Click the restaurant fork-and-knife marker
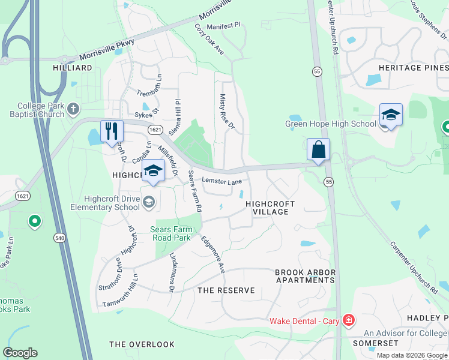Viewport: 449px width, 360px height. (x=112, y=131)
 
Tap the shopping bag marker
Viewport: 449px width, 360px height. (x=318, y=149)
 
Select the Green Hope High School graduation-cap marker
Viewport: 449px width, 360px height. (x=390, y=115)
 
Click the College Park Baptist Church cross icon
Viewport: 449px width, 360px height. (x=73, y=109)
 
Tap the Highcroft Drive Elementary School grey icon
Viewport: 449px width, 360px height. (x=148, y=203)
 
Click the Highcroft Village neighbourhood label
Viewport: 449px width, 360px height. (x=270, y=208)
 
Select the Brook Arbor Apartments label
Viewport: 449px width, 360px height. (x=305, y=276)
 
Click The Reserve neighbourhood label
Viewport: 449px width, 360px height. (x=226, y=290)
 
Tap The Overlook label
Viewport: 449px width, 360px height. (x=142, y=344)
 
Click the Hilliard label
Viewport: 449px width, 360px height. (x=73, y=68)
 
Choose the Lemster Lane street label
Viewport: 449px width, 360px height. (x=221, y=181)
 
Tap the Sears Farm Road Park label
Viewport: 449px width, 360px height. (x=170, y=233)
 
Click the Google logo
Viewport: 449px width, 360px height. (x=20, y=353)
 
